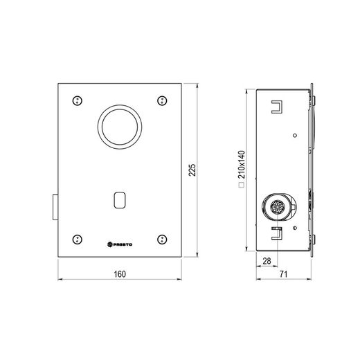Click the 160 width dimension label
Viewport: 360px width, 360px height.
120,274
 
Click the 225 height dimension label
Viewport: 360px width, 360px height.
192,170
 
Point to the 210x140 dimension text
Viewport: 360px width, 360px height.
242,165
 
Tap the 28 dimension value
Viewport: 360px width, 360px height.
267,261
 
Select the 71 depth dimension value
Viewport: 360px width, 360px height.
283,274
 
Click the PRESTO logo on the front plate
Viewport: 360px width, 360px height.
120,244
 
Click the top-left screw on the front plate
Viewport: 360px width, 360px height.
78,100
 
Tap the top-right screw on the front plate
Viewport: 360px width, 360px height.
162,100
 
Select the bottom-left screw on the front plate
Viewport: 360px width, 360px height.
78,240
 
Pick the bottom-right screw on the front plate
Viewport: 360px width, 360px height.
162,240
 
